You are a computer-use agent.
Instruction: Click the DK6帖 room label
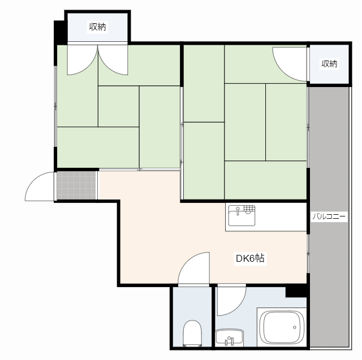point(250,258)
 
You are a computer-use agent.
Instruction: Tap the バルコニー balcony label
point(329,216)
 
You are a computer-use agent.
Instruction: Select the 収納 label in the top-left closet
point(98,27)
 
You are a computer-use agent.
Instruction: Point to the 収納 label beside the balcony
point(329,63)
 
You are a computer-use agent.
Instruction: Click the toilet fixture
point(192,333)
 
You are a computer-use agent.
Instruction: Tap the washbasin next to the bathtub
point(230,337)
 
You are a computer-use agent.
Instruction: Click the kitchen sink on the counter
point(242,216)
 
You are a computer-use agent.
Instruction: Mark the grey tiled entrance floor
point(76,185)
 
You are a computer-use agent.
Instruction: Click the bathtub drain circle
point(295,327)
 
